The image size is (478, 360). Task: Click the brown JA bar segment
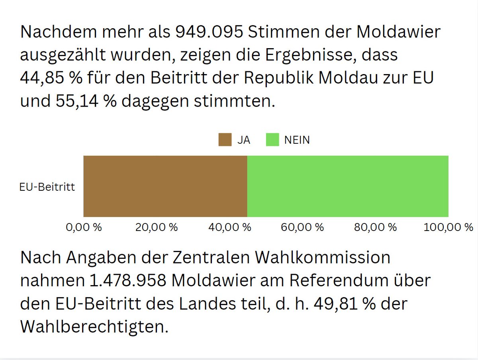click(165, 186)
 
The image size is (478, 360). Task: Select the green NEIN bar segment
click(348, 186)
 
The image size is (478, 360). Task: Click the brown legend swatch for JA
click(225, 140)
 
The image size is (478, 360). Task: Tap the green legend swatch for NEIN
click(272, 140)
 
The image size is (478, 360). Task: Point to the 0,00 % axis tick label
click(83, 227)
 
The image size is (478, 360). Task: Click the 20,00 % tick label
click(156, 227)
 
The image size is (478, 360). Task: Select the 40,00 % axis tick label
click(229, 227)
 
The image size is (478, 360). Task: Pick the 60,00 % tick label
click(302, 227)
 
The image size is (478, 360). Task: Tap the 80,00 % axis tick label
click(376, 227)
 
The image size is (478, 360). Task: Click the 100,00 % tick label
click(448, 227)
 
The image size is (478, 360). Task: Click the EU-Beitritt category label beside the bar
click(47, 187)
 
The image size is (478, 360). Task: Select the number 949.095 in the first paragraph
click(209, 32)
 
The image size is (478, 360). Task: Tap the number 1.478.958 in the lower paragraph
click(126, 281)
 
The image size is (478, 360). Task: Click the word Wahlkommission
click(322, 258)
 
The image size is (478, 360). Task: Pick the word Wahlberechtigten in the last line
click(92, 327)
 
